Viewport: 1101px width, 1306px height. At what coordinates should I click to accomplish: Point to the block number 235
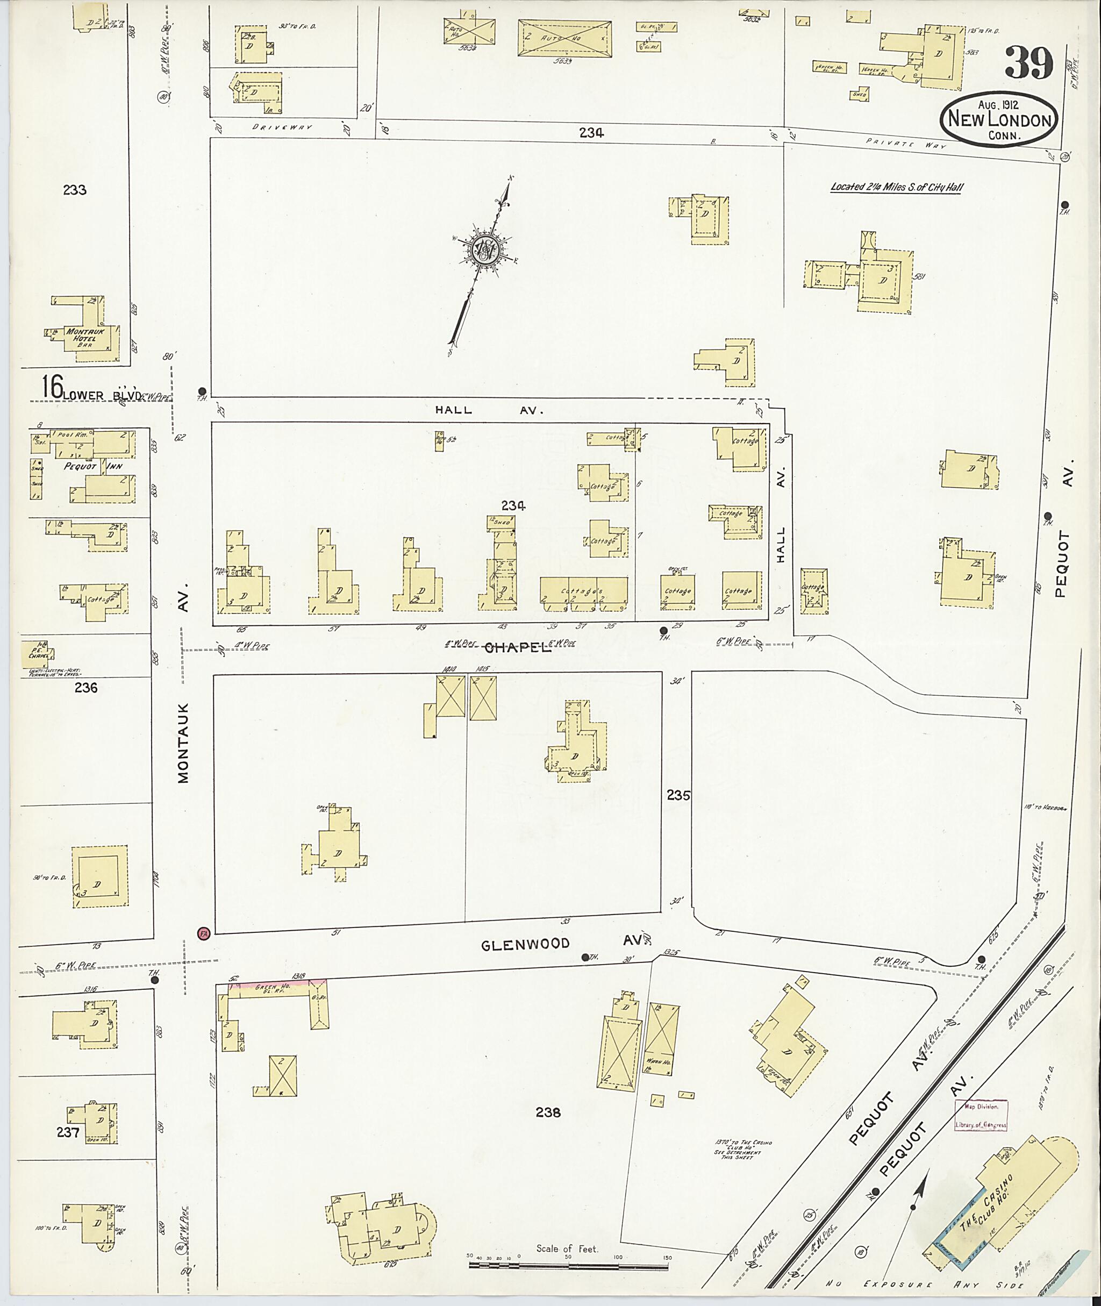pyautogui.click(x=678, y=795)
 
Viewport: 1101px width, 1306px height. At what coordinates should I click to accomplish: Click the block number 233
pyautogui.click(x=74, y=190)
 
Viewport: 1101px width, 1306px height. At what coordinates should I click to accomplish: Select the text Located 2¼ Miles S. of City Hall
pyautogui.click(x=894, y=187)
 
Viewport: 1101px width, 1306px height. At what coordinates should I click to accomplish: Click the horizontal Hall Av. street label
pyautogui.click(x=489, y=410)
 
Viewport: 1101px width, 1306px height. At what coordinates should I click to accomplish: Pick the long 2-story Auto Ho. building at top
pyautogui.click(x=564, y=39)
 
